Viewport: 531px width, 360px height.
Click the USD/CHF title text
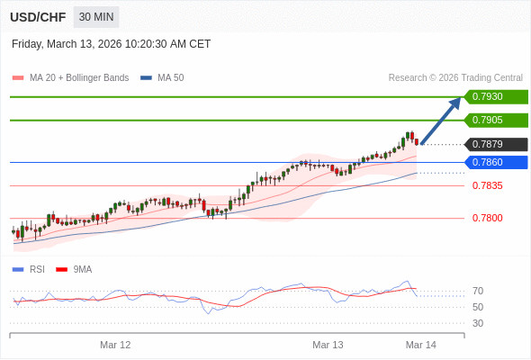pos(39,17)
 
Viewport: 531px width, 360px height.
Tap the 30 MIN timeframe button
pos(96,17)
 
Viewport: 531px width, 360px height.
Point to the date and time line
pos(112,44)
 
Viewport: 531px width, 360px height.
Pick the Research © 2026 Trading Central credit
pos(455,78)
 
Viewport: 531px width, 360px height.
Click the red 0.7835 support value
pos(488,185)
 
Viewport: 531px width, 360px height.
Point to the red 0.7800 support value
pos(488,218)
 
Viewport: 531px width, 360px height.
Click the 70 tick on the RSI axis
pos(478,291)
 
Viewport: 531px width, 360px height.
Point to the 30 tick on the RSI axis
pos(478,323)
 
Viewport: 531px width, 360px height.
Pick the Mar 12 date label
pos(115,345)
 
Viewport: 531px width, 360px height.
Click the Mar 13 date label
pos(328,345)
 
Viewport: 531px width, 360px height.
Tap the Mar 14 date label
pos(421,345)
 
